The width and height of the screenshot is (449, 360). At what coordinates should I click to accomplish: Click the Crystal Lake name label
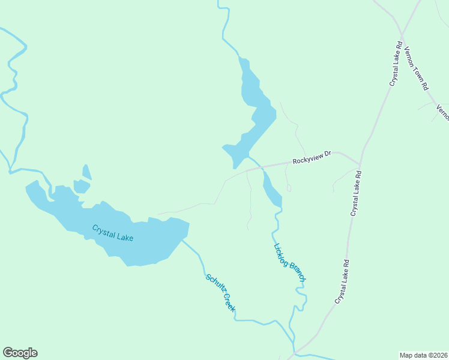112,233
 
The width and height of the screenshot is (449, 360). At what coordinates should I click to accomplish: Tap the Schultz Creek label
221,293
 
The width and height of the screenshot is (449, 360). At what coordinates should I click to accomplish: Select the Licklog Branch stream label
290,262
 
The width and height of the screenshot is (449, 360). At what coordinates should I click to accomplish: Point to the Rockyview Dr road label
312,158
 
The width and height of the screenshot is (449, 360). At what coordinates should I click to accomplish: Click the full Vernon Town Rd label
416,68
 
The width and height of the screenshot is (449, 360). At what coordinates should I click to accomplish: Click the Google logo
20,353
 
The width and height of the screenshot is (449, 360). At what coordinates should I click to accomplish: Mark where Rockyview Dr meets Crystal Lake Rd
359,164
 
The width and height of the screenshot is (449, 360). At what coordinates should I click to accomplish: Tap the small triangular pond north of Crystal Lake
87,173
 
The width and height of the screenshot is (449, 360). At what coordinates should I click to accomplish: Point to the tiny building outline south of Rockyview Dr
289,188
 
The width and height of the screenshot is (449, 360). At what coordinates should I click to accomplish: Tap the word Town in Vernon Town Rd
417,70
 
